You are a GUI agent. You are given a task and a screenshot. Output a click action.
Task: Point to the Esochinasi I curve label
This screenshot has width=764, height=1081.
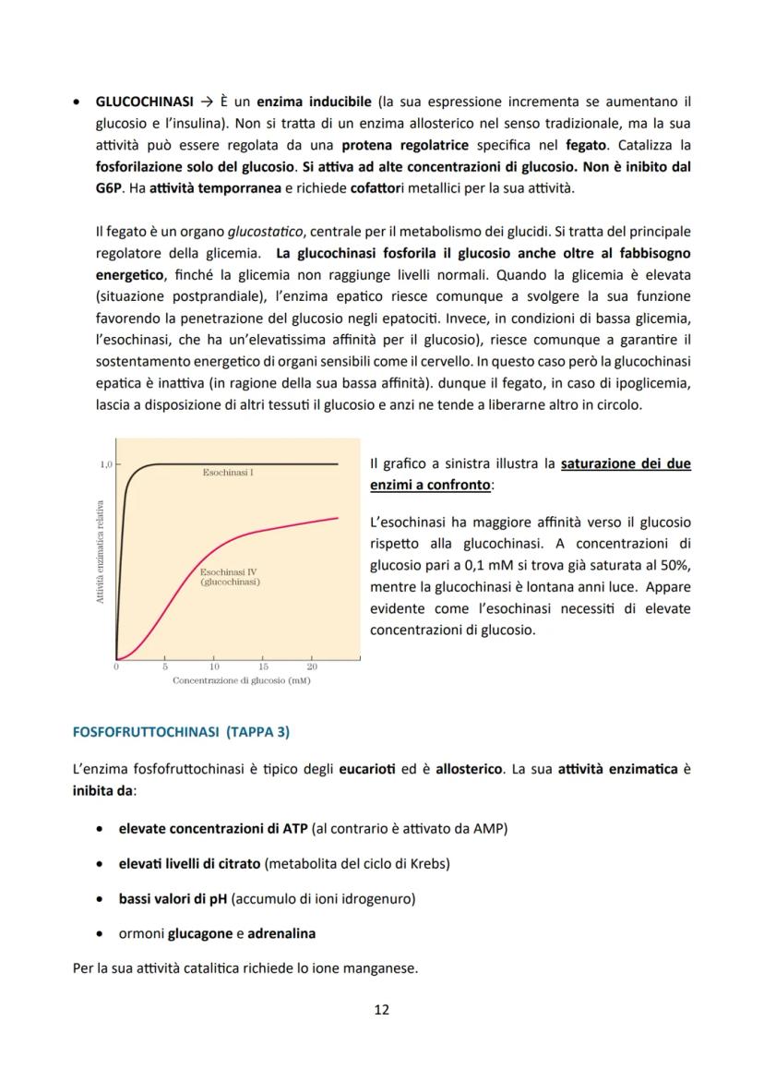click(228, 473)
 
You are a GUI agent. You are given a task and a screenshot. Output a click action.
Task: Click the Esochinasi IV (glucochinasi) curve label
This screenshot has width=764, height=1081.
click(230, 577)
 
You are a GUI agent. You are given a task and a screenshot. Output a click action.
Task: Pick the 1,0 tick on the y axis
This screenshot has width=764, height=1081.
click(105, 464)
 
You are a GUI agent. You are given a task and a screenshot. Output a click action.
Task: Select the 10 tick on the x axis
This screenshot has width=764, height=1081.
click(214, 667)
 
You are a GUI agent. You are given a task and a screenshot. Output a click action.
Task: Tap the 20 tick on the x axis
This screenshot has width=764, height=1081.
click(311, 667)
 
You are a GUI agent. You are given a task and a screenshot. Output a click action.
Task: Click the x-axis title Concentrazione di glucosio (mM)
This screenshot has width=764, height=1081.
click(241, 680)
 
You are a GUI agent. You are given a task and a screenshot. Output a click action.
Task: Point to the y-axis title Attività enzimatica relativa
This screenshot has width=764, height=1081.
click(99, 551)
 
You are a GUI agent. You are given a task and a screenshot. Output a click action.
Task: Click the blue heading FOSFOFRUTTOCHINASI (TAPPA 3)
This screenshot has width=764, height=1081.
click(181, 732)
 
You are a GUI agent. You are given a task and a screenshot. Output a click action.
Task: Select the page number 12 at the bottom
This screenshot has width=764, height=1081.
click(381, 1009)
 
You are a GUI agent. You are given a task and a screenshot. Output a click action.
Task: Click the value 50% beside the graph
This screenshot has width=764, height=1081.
click(675, 565)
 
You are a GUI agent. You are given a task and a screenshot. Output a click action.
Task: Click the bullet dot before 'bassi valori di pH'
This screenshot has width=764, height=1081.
click(98, 898)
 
